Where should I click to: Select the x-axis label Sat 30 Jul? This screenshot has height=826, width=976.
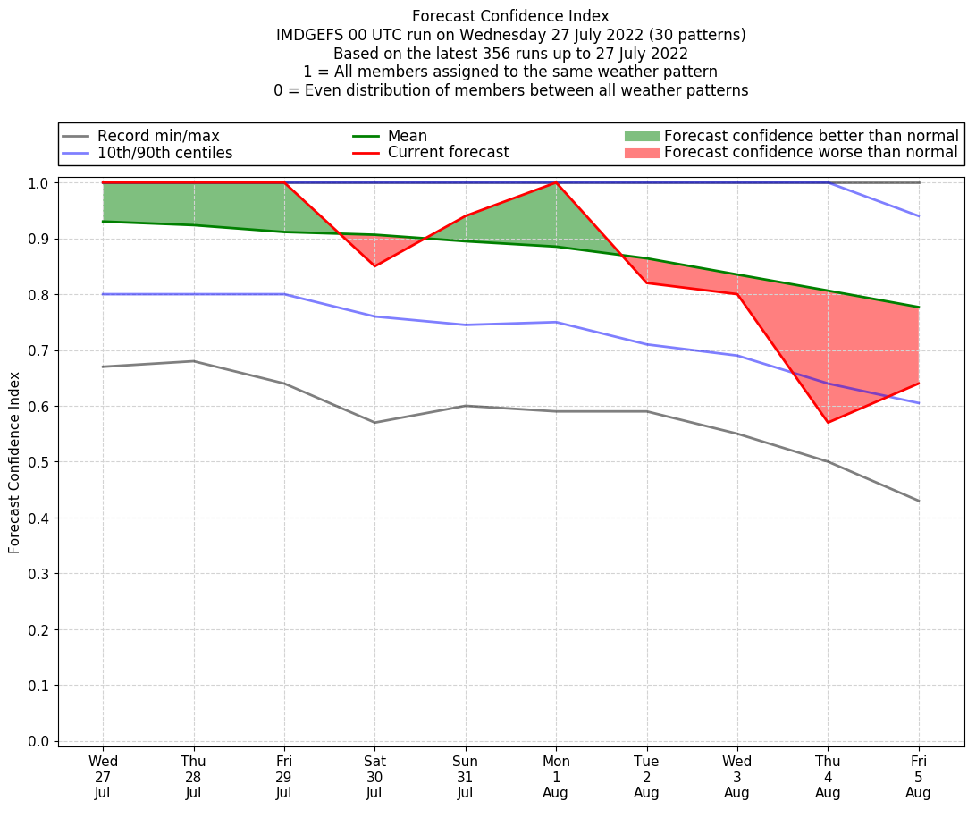(x=374, y=777)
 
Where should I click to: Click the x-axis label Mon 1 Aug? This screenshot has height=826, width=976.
(x=556, y=777)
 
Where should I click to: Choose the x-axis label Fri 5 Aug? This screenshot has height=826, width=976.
(x=918, y=777)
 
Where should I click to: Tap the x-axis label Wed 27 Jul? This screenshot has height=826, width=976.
(x=103, y=777)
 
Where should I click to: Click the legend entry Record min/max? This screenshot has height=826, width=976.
(x=157, y=136)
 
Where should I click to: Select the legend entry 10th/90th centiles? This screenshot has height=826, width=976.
(x=164, y=153)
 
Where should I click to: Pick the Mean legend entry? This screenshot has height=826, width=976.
(x=407, y=136)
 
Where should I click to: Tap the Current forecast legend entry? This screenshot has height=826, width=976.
(x=448, y=153)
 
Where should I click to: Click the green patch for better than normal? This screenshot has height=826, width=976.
(x=641, y=136)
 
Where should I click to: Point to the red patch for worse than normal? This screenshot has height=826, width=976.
(x=641, y=153)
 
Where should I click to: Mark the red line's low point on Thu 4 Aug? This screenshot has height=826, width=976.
(x=828, y=422)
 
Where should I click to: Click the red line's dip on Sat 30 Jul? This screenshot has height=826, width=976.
(x=374, y=265)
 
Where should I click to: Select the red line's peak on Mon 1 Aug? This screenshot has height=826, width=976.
(x=556, y=182)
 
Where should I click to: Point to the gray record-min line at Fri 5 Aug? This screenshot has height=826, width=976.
(x=918, y=501)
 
